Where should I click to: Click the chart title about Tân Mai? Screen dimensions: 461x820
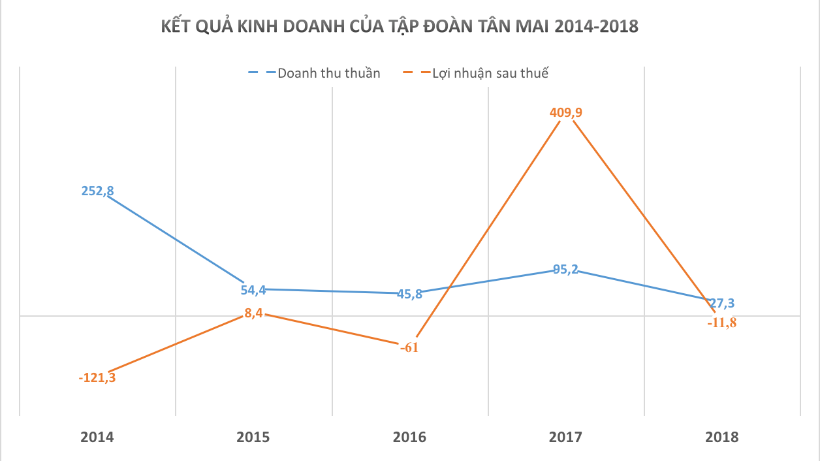click(x=400, y=27)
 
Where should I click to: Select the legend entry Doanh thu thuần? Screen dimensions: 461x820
click(x=328, y=72)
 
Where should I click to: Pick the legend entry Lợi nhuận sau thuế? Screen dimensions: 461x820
click(x=490, y=72)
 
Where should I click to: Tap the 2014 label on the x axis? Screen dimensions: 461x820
click(x=97, y=437)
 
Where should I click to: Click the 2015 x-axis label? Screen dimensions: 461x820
click(x=253, y=437)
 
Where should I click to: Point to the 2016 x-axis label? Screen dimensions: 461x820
click(x=409, y=437)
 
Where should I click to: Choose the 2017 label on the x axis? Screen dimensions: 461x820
click(x=565, y=437)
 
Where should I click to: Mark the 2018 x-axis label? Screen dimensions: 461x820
click(x=721, y=437)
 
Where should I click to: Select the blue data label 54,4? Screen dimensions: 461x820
click(x=253, y=290)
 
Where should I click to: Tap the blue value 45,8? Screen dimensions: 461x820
click(x=409, y=294)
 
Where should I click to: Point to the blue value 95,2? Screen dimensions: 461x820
click(x=565, y=269)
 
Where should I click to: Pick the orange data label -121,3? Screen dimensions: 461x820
click(x=97, y=377)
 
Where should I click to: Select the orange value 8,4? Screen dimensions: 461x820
click(x=253, y=313)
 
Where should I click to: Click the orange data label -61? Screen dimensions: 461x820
click(x=409, y=347)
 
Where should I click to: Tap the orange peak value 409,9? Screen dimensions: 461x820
click(x=565, y=112)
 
